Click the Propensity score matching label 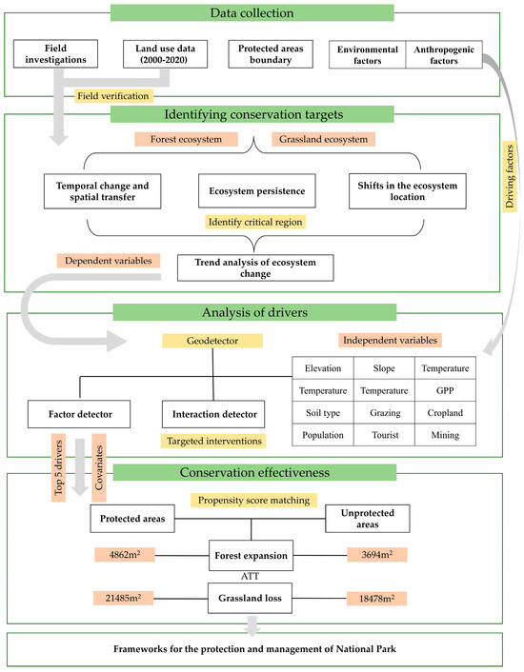tap(256, 499)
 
